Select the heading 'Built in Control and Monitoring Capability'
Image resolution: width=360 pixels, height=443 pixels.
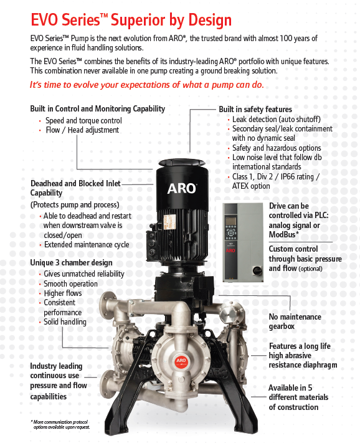[97, 108]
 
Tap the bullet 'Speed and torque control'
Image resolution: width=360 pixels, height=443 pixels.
[83, 120]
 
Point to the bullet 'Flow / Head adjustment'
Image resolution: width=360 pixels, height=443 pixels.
[82, 130]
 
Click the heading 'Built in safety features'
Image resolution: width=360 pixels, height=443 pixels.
[255, 109]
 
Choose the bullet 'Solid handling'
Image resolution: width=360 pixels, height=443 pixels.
[65, 322]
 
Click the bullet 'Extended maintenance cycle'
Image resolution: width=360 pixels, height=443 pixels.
[87, 245]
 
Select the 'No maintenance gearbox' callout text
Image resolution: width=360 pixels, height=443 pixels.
[295, 321]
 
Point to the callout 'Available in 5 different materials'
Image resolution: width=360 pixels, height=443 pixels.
[298, 398]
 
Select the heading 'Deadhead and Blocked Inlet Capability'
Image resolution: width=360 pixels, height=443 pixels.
[75, 188]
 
